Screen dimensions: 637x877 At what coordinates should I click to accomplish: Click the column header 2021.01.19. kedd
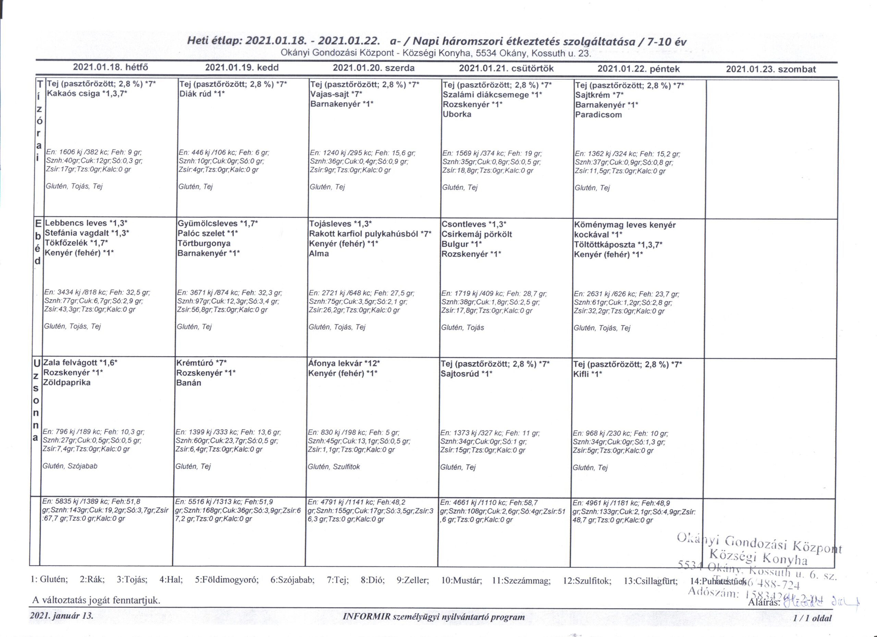click(x=242, y=68)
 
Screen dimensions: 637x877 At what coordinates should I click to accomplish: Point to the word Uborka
click(x=457, y=114)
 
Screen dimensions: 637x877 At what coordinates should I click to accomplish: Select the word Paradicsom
click(x=598, y=115)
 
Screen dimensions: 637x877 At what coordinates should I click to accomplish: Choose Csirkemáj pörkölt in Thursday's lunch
click(x=477, y=234)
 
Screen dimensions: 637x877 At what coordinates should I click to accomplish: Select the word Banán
click(x=188, y=383)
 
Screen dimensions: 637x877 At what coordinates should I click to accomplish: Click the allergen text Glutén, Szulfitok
click(x=334, y=467)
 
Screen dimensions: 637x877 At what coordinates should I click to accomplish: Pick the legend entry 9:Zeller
click(x=412, y=580)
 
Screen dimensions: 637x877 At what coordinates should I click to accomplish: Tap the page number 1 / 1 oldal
click(x=812, y=618)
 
